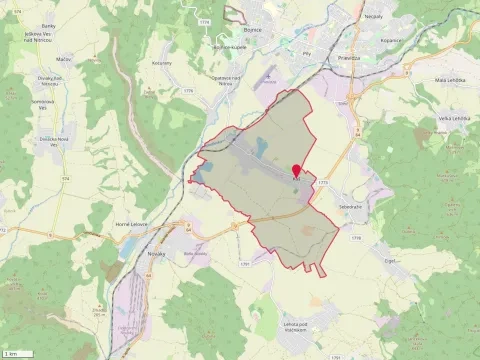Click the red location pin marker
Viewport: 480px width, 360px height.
(x=295, y=171)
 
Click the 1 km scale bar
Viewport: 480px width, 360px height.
(x=20, y=353)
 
